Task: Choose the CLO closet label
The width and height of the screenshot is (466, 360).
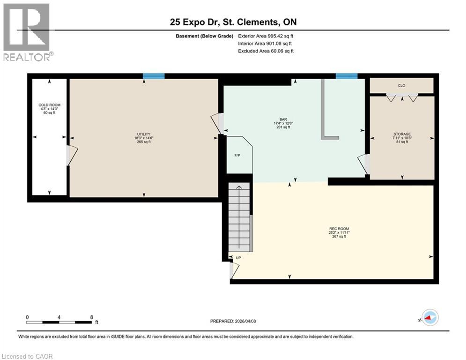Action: (401, 85)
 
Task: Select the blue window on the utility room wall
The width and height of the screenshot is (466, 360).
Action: (154, 76)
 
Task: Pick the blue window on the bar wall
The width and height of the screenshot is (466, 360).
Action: (347, 76)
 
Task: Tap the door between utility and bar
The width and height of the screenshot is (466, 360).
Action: (217, 123)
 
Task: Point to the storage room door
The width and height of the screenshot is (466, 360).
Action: (364, 164)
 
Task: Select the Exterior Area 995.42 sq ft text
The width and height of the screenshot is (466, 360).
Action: (266, 36)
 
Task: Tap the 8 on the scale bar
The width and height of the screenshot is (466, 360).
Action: (91, 317)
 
